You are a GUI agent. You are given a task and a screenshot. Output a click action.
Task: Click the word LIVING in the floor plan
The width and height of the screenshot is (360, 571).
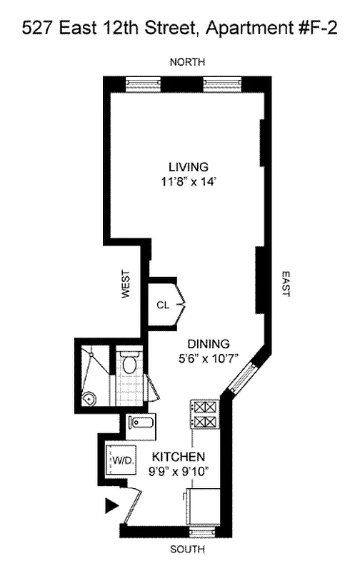click(184, 166)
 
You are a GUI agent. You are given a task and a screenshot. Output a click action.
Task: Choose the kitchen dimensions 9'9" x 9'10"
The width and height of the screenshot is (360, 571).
click(179, 470)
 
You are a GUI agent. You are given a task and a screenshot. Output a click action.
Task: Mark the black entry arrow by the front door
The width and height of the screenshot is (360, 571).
click(111, 506)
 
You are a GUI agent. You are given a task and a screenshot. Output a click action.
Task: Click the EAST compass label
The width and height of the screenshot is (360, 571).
click(284, 283)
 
